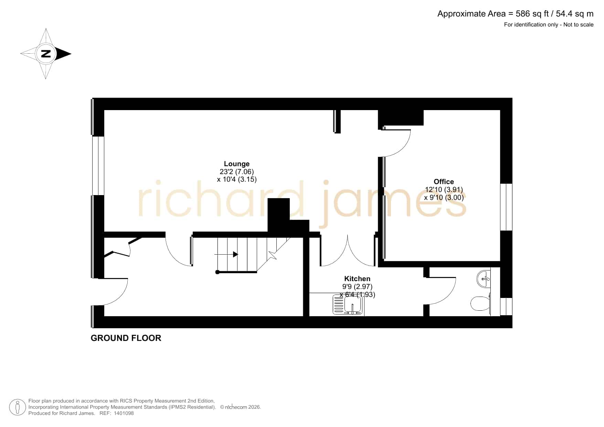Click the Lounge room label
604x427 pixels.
[237, 164]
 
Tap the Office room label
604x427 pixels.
[444, 182]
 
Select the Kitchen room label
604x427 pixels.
[357, 279]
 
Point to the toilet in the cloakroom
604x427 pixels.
[480, 303]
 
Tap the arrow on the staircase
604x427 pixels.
[226, 254]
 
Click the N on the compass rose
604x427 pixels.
[46, 54]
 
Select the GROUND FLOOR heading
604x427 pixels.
[126, 338]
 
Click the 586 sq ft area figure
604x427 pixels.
[532, 14]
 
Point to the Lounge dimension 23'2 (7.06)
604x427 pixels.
[237, 172]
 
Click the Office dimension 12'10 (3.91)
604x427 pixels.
[444, 190]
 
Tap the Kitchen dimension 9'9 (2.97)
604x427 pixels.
[357, 287]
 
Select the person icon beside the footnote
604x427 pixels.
[17, 407]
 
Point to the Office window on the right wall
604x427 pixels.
[506, 207]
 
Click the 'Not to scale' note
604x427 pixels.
[579, 24]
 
